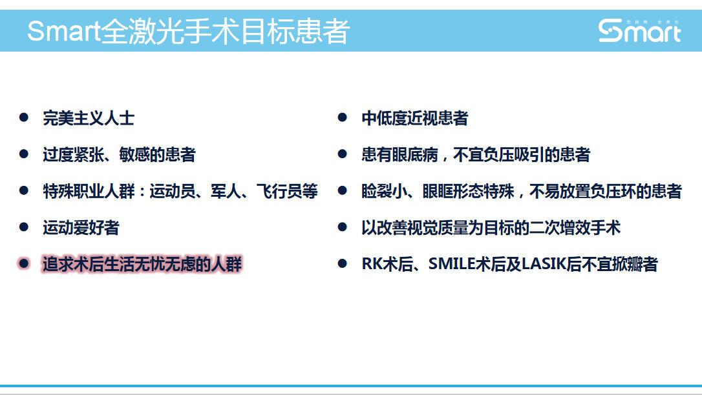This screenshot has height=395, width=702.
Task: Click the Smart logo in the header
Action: pyautogui.click(x=639, y=30)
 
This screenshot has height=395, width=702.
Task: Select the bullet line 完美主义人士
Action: pyautogui.click(x=89, y=118)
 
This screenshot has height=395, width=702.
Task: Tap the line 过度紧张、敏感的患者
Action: pyautogui.click(x=119, y=155)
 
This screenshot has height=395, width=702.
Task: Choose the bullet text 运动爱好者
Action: pyautogui.click(x=81, y=228)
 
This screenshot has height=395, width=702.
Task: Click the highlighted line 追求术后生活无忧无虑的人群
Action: pyautogui.click(x=142, y=265)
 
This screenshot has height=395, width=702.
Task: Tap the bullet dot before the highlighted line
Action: pyautogui.click(x=24, y=264)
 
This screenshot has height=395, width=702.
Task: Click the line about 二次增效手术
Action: pyautogui.click(x=491, y=228)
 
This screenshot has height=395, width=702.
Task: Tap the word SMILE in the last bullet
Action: pyautogui.click(x=451, y=265)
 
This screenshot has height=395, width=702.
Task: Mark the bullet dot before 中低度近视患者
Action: pyautogui.click(x=343, y=117)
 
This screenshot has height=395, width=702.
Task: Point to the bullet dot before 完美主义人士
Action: pyautogui.click(x=24, y=117)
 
